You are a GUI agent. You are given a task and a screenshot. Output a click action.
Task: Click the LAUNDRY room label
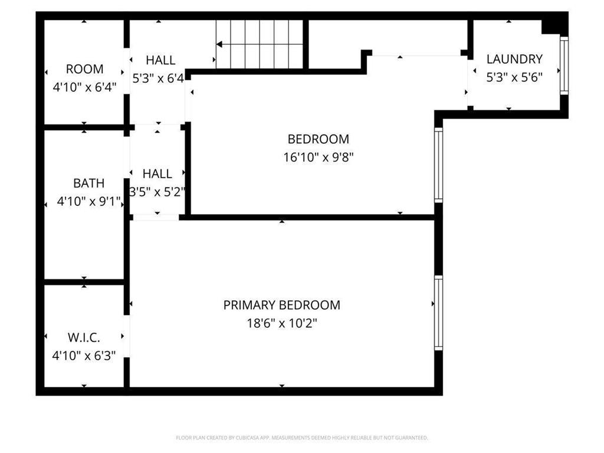coord(514,59)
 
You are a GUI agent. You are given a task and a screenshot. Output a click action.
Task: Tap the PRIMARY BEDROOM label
coord(281,305)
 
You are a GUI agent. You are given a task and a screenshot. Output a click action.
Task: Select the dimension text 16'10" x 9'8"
coord(319,157)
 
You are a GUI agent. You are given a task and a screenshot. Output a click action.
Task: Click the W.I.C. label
coord(84,338)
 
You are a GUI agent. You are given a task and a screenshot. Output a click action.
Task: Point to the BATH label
coord(88,183)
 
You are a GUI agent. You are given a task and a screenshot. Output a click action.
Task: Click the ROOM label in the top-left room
coord(84,69)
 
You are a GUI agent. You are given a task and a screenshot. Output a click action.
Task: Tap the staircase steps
coord(260,44)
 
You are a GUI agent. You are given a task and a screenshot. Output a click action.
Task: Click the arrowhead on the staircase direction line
coord(219,44)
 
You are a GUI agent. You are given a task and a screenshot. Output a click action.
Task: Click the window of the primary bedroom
coord(438,313)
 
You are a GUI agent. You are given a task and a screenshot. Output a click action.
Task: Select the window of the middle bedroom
coord(438,165)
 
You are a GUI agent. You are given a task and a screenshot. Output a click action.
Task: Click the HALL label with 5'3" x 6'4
coord(160,60)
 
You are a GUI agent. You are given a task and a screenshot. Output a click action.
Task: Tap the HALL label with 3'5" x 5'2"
coord(157,173)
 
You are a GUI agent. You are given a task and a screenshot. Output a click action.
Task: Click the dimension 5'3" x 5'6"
coord(514,77)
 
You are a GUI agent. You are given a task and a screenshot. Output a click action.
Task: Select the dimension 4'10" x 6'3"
coord(84,356)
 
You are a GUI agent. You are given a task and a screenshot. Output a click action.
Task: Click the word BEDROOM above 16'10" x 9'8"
coord(319,139)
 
